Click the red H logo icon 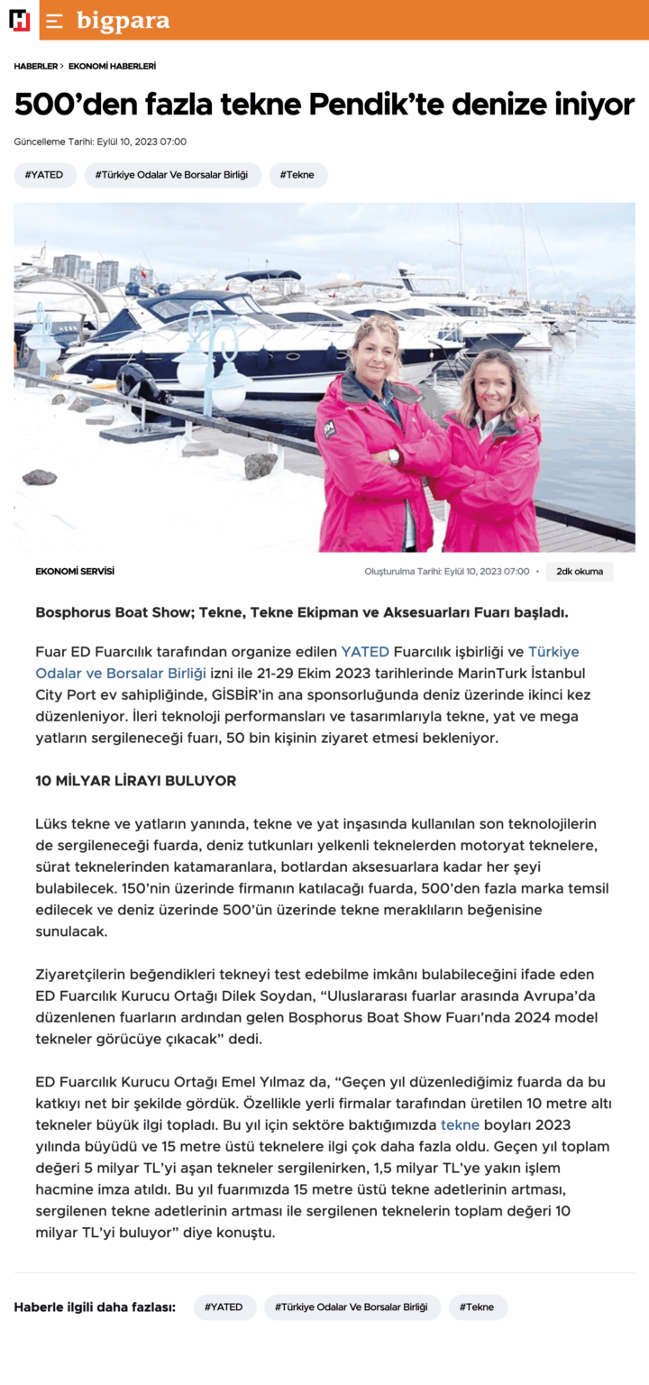pos(19,20)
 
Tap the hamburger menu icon pos(55,21)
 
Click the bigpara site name pos(123,20)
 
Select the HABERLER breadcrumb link pos(36,67)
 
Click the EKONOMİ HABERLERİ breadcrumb pos(112,67)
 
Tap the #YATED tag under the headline pos(45,175)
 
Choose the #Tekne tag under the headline pos(297,175)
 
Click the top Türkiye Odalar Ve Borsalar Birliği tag pos(173,175)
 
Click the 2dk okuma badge pos(579,572)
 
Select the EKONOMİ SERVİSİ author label pos(75,572)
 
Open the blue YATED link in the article pos(365,651)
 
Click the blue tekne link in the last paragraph pos(460,1124)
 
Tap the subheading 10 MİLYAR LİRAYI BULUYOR pos(135,781)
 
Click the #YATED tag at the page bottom pos(224,1307)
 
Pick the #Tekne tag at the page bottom pos(478,1307)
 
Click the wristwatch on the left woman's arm pos(394,455)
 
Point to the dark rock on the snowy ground pos(40,477)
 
